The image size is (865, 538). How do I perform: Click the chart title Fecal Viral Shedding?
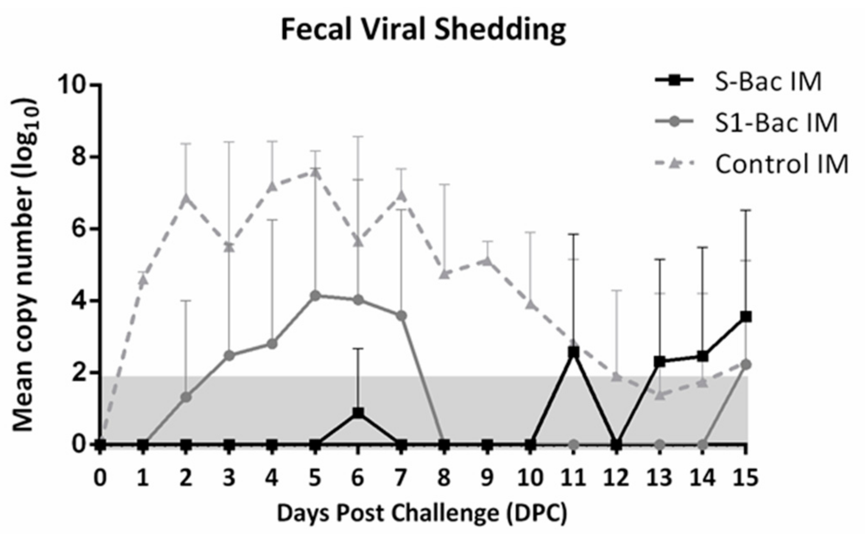point(423,30)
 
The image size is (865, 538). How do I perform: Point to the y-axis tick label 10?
point(72,85)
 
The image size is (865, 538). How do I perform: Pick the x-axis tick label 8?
point(444,478)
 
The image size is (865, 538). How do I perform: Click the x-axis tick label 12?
point(616,478)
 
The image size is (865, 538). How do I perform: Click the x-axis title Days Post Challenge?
point(422,513)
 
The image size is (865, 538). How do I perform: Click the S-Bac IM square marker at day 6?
point(358,413)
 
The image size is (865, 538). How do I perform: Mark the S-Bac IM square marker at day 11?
point(573,352)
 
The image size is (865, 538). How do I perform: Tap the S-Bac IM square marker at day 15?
point(746,317)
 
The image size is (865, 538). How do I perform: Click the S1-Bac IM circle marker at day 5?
point(315,295)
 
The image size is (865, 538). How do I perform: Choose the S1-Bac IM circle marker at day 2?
point(186,397)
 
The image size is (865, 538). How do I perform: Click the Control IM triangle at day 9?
point(487,261)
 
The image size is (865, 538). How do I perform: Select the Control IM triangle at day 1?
point(143,280)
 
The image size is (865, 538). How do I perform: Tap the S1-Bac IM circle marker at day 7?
point(401,316)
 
